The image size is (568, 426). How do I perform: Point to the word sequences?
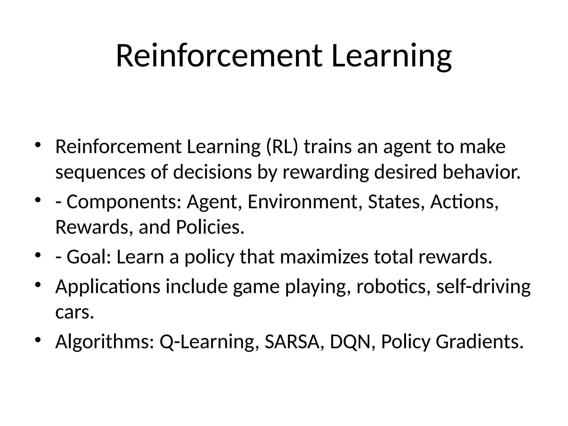100,172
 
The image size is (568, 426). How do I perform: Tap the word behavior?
481,172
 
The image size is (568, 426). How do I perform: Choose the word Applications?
108,286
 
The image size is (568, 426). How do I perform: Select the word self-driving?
483,286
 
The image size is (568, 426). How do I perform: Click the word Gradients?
480,342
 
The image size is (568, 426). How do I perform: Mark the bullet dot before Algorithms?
38,340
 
